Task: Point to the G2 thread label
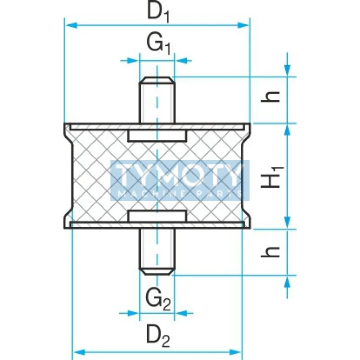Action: [157, 299]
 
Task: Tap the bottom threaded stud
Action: [157, 250]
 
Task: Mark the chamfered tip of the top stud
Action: [157, 81]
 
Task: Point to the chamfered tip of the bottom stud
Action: [157, 271]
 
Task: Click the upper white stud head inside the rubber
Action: [157, 136]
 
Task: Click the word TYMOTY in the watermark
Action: [180, 176]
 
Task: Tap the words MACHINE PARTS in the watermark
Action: [180, 193]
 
